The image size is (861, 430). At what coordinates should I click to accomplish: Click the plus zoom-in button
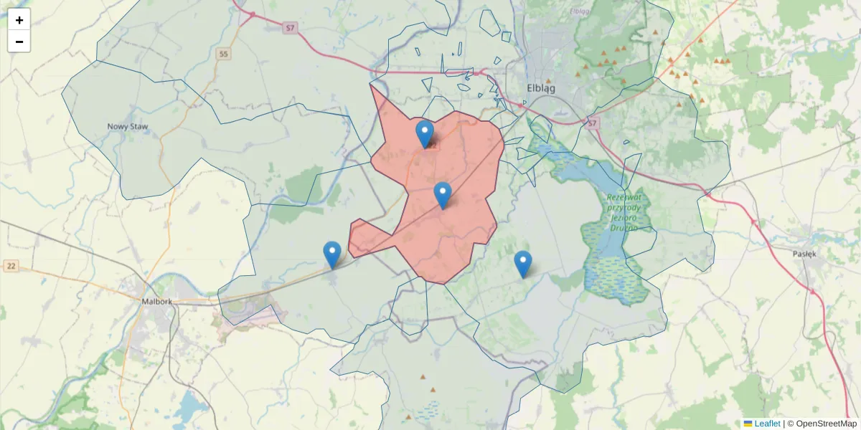point(19,20)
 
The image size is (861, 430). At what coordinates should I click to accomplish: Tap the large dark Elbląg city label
point(541,88)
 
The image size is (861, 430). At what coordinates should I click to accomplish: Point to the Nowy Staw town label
point(128,127)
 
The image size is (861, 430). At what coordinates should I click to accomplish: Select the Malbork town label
point(158,302)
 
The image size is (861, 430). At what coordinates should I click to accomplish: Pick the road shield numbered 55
point(225,54)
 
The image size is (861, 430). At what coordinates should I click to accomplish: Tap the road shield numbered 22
point(9,266)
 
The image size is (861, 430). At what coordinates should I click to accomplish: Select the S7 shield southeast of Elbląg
point(592,123)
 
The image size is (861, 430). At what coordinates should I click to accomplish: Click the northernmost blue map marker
point(425,133)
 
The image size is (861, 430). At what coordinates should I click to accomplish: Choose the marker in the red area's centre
point(443,194)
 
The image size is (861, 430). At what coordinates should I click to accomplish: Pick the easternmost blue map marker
point(523,263)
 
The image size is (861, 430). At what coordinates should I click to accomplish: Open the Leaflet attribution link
point(766,424)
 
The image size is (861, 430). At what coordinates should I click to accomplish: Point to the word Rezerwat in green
point(625,196)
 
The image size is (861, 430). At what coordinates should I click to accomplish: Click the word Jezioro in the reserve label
point(621,216)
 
